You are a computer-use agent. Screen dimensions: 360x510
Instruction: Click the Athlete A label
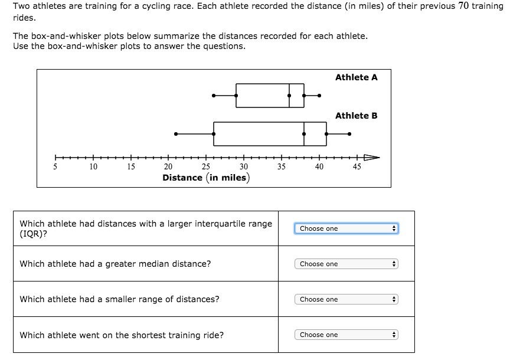[356, 77]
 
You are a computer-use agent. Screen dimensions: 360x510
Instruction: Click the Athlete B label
[356, 116]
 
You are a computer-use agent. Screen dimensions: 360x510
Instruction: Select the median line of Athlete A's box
[289, 95]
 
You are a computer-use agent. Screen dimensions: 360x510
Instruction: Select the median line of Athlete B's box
[304, 134]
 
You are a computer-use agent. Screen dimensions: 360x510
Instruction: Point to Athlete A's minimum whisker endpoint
[214, 95]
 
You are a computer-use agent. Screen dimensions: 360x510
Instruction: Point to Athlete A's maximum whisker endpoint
[319, 95]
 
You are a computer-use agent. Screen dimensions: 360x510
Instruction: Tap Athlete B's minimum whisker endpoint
[176, 134]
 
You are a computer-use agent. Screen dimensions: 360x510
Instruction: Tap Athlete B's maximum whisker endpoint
[349, 134]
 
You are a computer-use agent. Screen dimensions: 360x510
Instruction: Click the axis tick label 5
[55, 166]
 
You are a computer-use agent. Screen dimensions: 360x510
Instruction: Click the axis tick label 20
[168, 166]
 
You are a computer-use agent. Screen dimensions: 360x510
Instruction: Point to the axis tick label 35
[281, 166]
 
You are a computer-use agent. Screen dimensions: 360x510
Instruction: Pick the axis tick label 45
[357, 166]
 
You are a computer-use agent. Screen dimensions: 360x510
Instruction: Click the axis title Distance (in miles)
[205, 178]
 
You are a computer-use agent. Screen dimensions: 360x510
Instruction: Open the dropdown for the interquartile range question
[346, 228]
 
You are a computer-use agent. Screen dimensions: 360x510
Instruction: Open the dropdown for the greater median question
[346, 264]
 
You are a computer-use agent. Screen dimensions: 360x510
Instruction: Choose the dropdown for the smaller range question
[346, 299]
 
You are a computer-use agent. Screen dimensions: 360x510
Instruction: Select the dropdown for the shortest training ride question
[346, 335]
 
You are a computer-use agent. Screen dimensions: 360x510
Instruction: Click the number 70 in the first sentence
[463, 6]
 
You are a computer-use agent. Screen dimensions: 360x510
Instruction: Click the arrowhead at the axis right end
[372, 158]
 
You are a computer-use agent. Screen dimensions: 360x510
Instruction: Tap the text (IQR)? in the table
[35, 234]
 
